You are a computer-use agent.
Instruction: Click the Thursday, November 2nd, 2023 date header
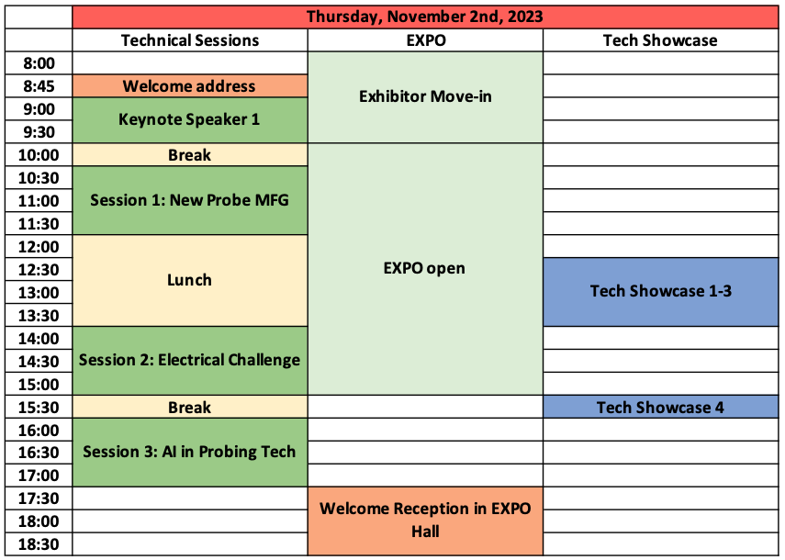pos(425,17)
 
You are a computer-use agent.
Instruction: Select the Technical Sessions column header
pos(190,40)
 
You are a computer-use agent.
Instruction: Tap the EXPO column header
pos(425,40)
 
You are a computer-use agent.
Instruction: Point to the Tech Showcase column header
pos(660,40)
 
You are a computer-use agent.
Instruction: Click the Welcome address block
pos(190,86)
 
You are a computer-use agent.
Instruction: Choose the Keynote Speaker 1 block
pos(190,120)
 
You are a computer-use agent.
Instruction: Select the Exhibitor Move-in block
pos(425,97)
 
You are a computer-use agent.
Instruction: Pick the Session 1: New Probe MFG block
pos(190,200)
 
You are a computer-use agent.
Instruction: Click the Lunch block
pos(190,280)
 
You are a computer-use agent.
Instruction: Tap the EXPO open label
pos(424,268)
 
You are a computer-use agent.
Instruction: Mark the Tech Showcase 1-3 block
pos(661,292)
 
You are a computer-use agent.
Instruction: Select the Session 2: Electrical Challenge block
pos(190,360)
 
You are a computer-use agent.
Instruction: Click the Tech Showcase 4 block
pos(661,407)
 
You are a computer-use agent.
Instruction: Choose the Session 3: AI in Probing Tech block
pos(190,453)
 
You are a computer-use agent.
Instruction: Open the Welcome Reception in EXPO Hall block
pos(425,521)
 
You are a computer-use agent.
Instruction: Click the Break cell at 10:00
pos(190,154)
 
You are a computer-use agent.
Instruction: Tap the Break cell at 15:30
pos(190,407)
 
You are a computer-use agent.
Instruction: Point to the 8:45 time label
pos(39,86)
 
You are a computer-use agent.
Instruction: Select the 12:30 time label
pos(39,270)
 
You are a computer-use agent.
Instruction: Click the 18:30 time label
pos(39,544)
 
